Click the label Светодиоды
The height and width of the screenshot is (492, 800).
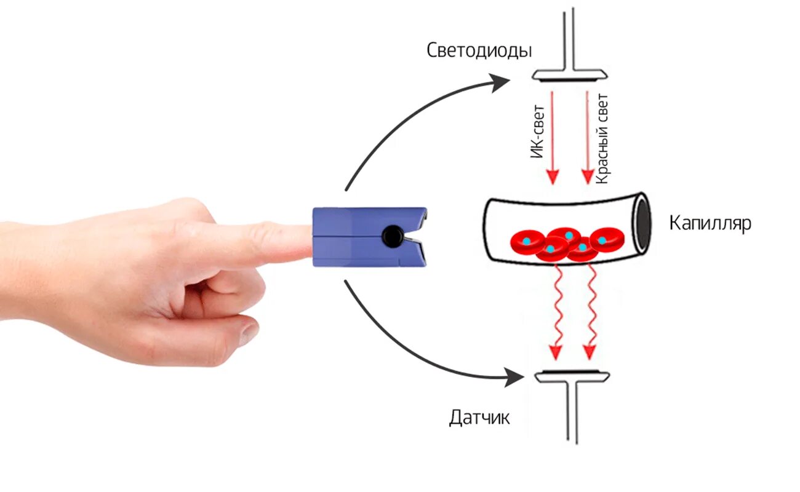coord(479,50)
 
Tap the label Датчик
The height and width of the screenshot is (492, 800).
coord(479,418)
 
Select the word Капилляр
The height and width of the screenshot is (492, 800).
coord(710,223)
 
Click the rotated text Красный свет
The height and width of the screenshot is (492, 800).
coord(602,138)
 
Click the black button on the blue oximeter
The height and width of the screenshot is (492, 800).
coord(391,235)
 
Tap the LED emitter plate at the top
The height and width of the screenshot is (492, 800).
coord(570,76)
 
